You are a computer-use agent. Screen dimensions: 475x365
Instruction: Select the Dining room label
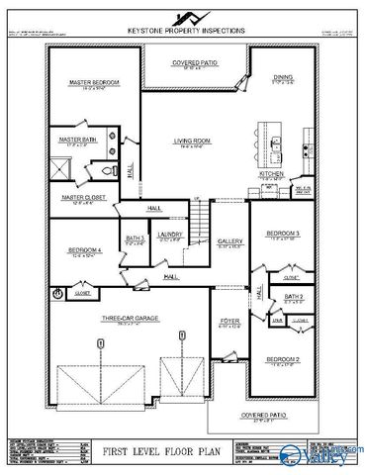pyautogui.click(x=284, y=77)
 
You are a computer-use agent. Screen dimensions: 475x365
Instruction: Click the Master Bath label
pyautogui.click(x=76, y=141)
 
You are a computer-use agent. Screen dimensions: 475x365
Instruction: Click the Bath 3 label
pyautogui.click(x=137, y=237)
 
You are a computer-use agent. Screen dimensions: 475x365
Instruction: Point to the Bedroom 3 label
pyautogui.click(x=282, y=233)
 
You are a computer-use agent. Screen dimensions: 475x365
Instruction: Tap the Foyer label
pyautogui.click(x=229, y=322)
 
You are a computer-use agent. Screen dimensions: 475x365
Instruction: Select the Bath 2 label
pyautogui.click(x=293, y=296)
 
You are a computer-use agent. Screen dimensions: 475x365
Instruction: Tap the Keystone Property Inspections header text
pyautogui.click(x=183, y=34)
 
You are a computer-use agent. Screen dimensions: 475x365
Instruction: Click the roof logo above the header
pyautogui.click(x=183, y=18)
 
